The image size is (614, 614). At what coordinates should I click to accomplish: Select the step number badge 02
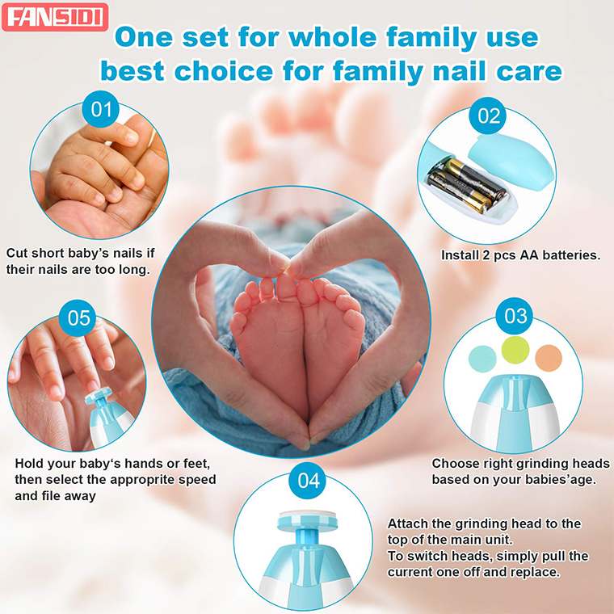point(490,116)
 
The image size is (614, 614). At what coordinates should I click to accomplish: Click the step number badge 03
point(515,315)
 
